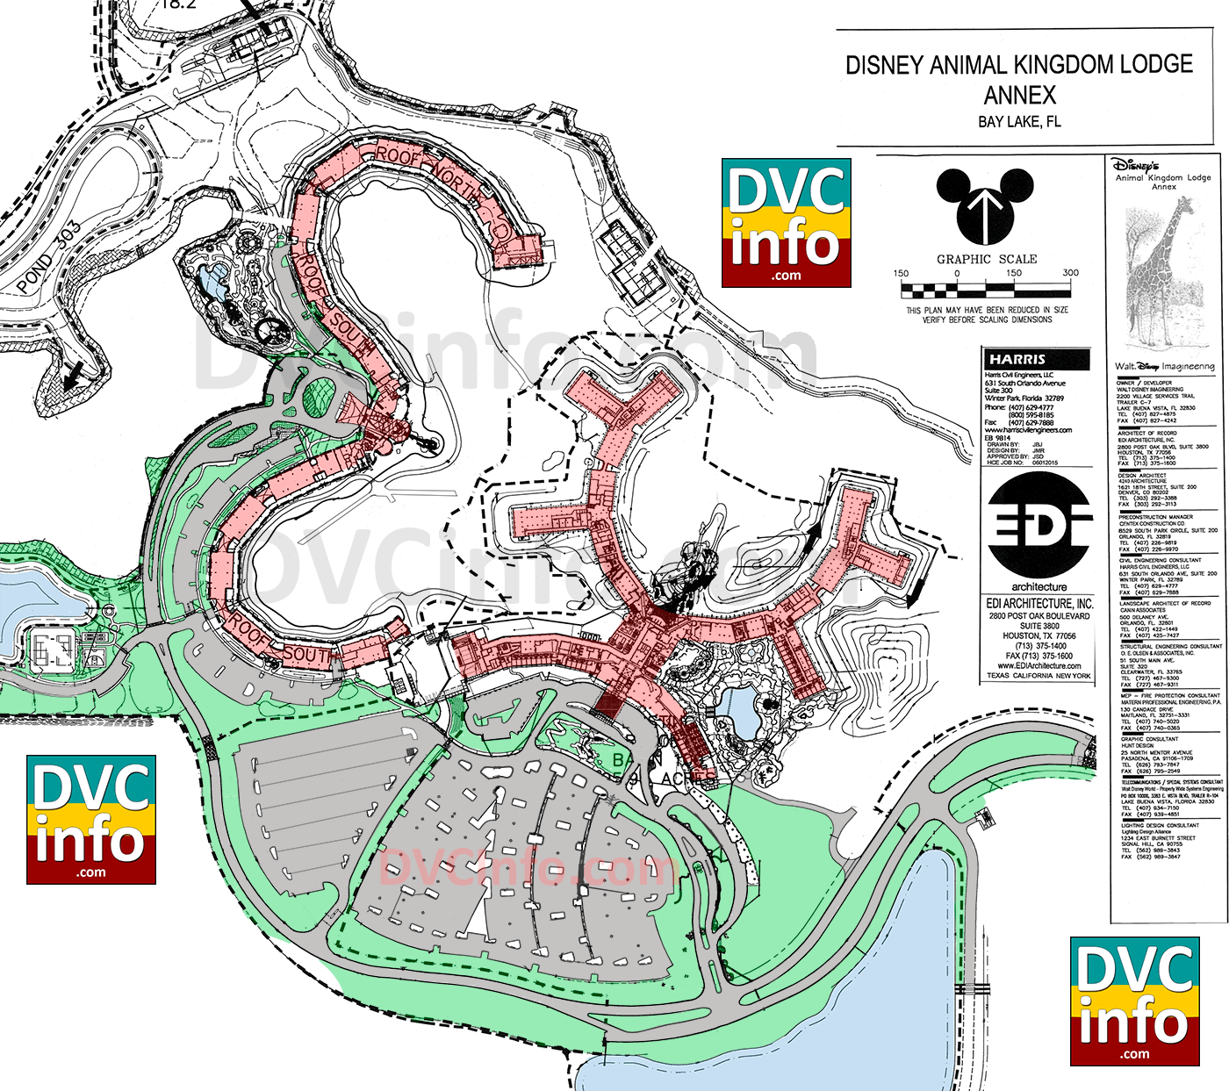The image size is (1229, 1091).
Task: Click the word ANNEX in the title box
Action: pyautogui.click(x=1019, y=95)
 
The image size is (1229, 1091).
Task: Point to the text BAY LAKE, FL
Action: pyautogui.click(x=1019, y=122)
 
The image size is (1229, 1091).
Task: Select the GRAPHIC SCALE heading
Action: pyautogui.click(x=987, y=259)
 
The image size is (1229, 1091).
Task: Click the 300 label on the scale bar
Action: pyautogui.click(x=1070, y=273)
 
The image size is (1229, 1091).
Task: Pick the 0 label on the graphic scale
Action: pyautogui.click(x=957, y=273)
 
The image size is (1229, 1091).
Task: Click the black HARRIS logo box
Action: pyautogui.click(x=1037, y=359)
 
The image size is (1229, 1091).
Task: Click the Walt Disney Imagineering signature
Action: pyautogui.click(x=1164, y=366)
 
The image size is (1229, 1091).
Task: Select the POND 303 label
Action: pyautogui.click(x=49, y=257)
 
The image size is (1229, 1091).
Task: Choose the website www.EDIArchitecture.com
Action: pyautogui.click(x=1039, y=666)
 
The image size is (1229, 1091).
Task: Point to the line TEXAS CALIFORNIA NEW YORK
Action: pyautogui.click(x=1039, y=676)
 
